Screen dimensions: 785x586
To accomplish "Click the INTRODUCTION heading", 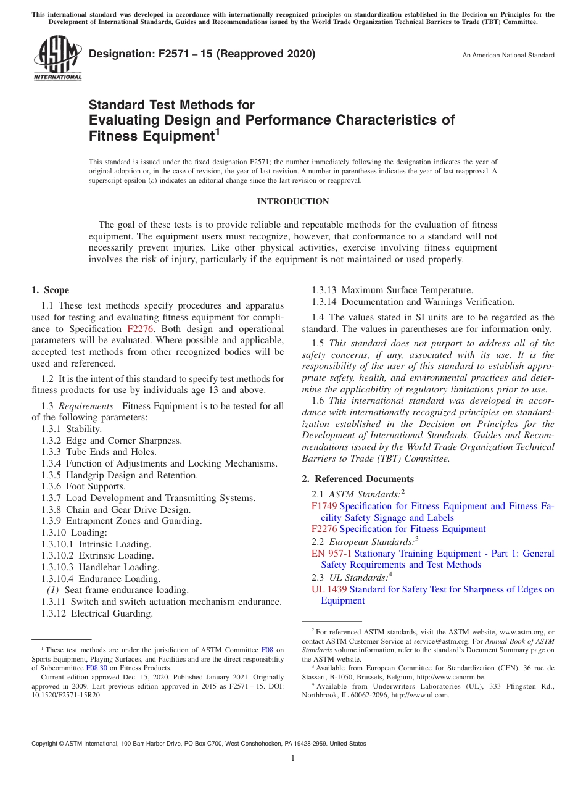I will [x=292, y=202].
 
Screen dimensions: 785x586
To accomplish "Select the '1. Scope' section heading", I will [x=50, y=290].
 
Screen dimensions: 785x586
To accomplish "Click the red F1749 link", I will [x=324, y=506].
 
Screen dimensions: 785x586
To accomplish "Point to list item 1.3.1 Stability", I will [x=72, y=429].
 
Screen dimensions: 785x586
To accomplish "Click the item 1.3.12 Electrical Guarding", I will [x=97, y=613].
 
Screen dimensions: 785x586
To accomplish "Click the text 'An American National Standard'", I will [x=508, y=56].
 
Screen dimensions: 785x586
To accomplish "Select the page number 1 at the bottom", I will [x=293, y=758].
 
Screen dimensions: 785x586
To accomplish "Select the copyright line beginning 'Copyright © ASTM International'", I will [x=199, y=744].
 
